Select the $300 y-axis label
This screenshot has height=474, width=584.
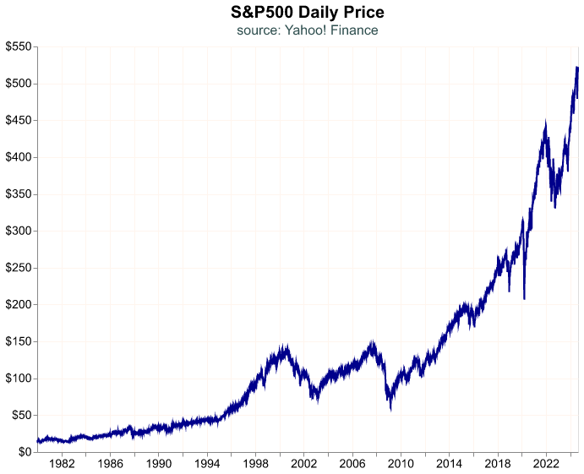(x=18, y=231)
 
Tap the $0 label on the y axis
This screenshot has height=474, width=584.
(x=25, y=452)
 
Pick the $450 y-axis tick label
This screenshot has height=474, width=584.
(x=18, y=121)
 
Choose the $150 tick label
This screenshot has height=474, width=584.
(x=18, y=342)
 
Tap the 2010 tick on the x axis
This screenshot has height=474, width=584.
(x=401, y=464)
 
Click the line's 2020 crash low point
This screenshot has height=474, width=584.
(x=524, y=298)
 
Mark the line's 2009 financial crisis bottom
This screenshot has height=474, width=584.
(x=390, y=410)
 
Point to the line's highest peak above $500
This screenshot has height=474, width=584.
(x=576, y=67)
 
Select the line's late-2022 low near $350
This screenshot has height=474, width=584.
(x=554, y=207)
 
